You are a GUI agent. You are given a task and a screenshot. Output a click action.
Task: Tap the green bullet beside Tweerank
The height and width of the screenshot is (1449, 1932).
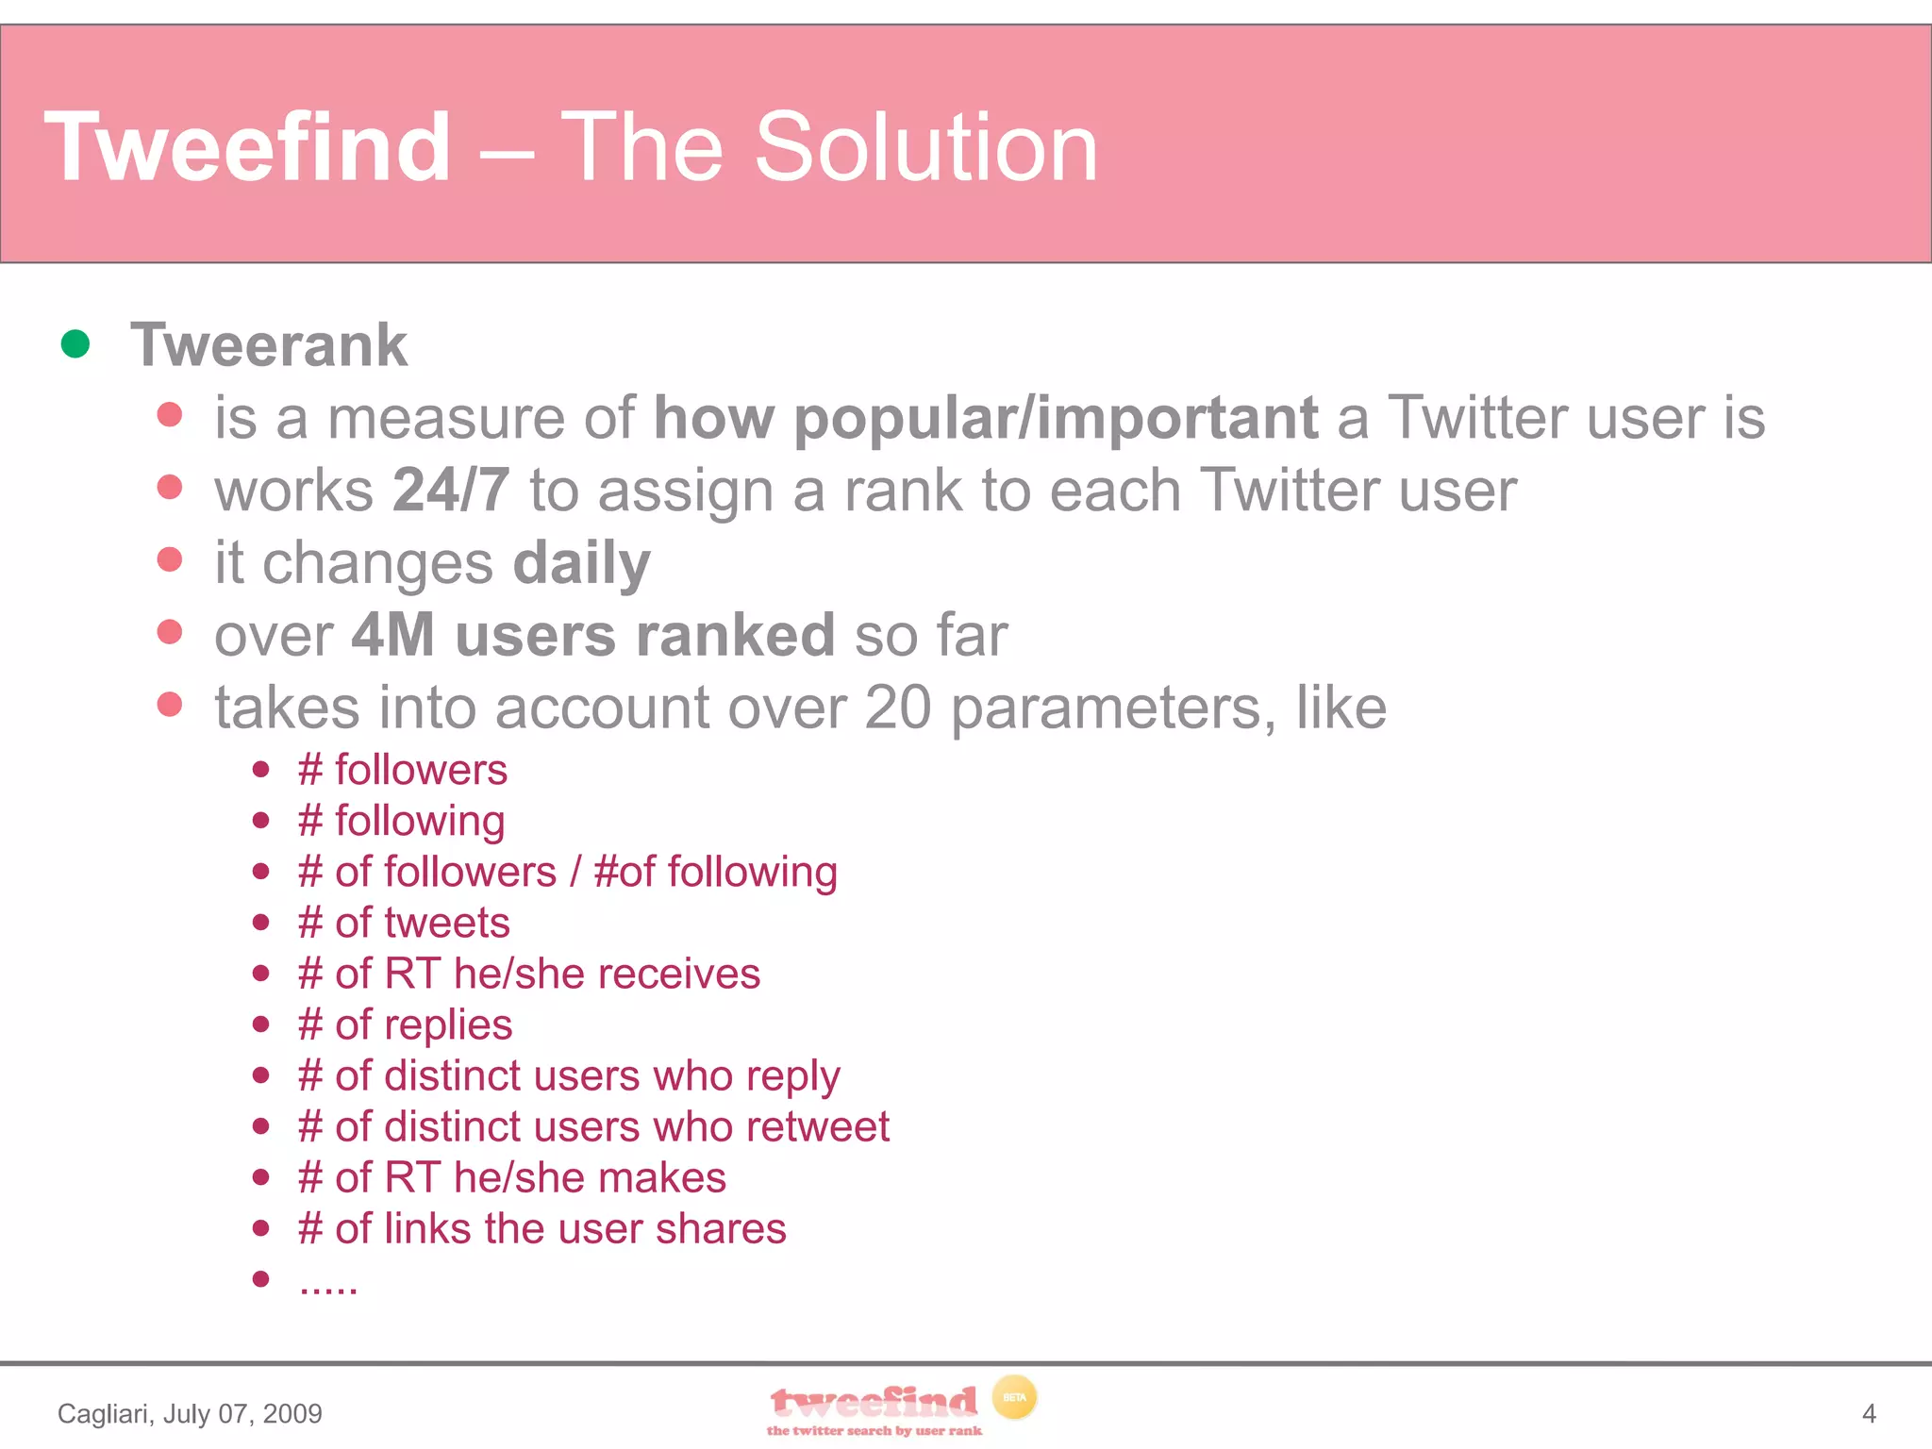[x=75, y=344]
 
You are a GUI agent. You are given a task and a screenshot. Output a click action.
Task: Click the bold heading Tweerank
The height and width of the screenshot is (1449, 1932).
[x=269, y=345]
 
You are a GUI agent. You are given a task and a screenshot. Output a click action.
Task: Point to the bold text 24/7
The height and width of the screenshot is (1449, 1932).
[x=451, y=491]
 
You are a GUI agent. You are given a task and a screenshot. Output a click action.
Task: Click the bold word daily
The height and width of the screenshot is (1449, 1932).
[x=581, y=563]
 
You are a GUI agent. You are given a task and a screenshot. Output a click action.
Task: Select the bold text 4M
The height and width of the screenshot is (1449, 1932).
[x=392, y=635]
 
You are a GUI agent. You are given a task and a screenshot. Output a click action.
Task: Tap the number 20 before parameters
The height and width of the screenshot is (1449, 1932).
[x=897, y=708]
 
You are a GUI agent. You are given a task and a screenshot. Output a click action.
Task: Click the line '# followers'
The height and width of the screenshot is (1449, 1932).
[x=403, y=770]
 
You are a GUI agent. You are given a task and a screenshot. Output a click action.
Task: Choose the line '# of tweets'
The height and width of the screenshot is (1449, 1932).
[x=404, y=923]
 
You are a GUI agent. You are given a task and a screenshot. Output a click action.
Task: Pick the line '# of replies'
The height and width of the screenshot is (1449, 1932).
[x=405, y=1024]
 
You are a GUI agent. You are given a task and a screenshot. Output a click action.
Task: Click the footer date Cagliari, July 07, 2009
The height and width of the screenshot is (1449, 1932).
[x=190, y=1413]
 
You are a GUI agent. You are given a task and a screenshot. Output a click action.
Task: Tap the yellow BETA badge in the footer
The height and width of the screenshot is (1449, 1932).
[x=1014, y=1398]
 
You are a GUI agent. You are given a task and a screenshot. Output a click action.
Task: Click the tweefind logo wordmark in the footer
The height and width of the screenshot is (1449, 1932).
[x=873, y=1403]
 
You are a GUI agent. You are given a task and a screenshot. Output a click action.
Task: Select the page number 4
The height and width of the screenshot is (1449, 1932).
[x=1869, y=1413]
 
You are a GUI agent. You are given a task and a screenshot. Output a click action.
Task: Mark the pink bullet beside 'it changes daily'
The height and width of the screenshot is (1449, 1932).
[x=170, y=559]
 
